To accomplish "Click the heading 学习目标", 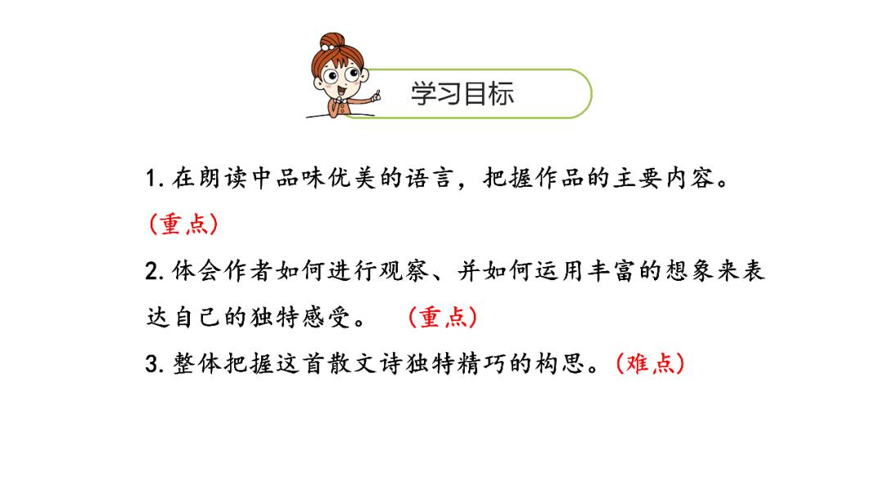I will pyautogui.click(x=462, y=93).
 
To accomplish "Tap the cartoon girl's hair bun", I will pyautogui.click(x=331, y=41).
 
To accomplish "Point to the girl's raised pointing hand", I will pyautogui.click(x=376, y=97).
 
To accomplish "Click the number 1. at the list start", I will pyautogui.click(x=154, y=179).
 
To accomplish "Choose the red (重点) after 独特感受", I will pyautogui.click(x=442, y=318).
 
